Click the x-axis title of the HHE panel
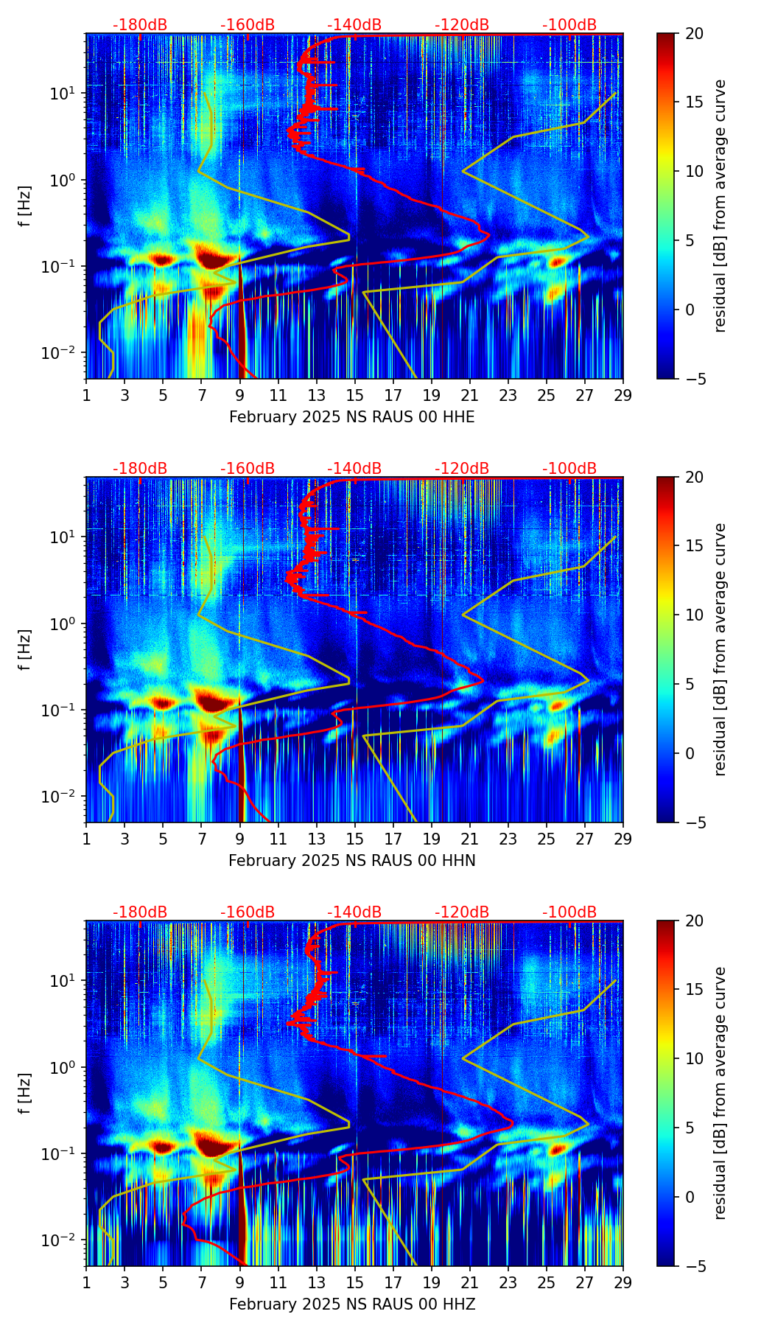click(351, 418)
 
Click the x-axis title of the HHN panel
click(351, 861)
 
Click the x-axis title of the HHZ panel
click(351, 1304)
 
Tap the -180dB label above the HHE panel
click(140, 25)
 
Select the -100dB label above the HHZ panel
click(569, 912)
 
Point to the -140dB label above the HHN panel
click(354, 469)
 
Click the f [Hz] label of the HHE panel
click(26, 206)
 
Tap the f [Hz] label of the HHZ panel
click(26, 1094)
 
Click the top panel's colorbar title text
click(720, 206)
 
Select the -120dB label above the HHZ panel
click(462, 912)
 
